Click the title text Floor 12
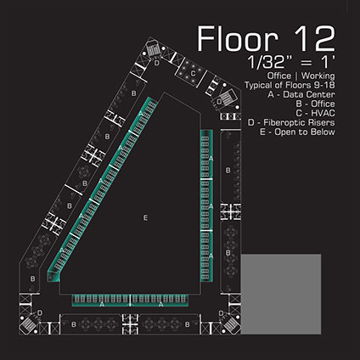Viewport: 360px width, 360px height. click(266, 39)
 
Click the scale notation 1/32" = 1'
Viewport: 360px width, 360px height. click(291, 62)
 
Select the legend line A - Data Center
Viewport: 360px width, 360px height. click(301, 94)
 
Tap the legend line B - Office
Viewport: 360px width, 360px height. click(315, 104)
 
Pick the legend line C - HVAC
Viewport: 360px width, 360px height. click(315, 113)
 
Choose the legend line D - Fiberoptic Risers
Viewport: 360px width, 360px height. click(291, 122)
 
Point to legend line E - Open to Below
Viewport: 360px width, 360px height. click(297, 132)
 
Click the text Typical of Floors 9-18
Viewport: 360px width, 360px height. click(290, 85)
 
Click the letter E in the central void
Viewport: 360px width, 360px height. click(145, 217)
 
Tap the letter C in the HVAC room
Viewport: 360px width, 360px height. click(193, 74)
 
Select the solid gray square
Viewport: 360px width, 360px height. click(281, 294)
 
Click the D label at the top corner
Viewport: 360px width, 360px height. click(157, 63)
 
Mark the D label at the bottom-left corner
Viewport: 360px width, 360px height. click(40, 312)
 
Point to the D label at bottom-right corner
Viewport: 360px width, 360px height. click(221, 313)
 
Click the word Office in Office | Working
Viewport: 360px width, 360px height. click(279, 76)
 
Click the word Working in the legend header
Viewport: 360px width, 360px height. click(318, 76)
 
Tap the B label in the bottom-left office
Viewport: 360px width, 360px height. click(74, 324)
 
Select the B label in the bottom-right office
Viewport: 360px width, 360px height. click(187, 324)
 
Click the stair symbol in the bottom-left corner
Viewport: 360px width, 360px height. click(28, 325)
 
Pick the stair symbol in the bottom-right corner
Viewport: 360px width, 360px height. click(232, 325)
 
